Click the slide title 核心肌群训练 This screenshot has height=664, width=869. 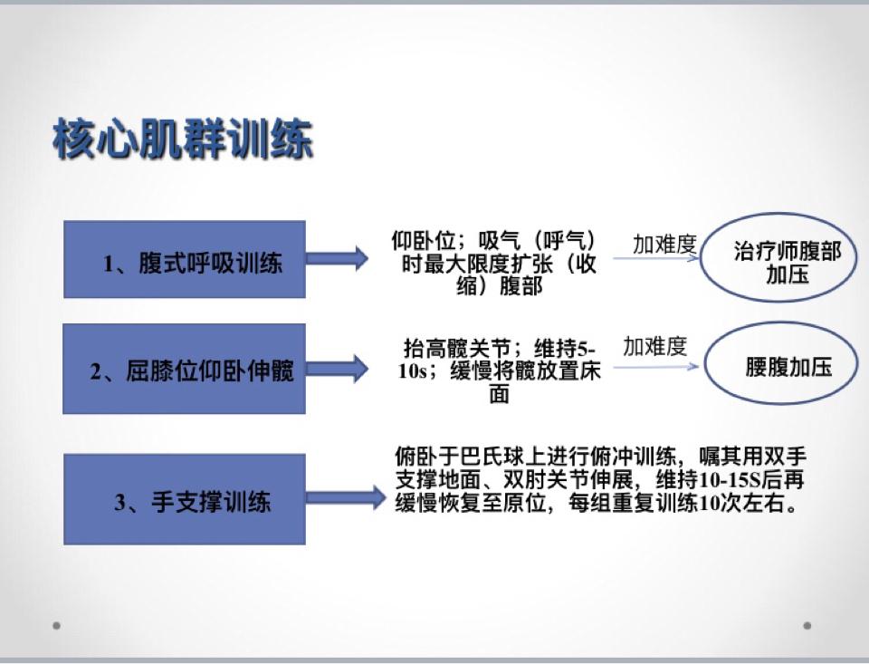[183, 139]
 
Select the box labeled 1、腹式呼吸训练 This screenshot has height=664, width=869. [185, 260]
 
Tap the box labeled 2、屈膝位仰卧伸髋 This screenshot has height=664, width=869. [184, 369]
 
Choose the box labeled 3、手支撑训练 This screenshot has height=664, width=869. [185, 499]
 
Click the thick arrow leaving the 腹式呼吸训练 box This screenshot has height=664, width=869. [337, 258]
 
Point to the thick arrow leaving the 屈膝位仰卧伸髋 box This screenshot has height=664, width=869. [337, 369]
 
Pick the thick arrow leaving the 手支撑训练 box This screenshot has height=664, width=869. [345, 497]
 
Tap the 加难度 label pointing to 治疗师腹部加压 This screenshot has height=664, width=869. [664, 244]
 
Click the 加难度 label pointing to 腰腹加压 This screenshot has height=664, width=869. [655, 347]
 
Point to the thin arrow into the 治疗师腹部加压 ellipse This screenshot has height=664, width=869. [656, 258]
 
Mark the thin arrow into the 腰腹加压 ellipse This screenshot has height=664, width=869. [656, 367]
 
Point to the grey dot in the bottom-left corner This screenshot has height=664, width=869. [56, 626]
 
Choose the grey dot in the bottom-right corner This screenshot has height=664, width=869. [807, 626]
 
